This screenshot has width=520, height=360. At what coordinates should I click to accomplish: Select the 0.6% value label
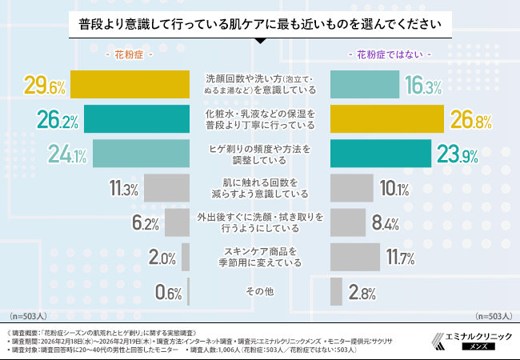tap(169, 293)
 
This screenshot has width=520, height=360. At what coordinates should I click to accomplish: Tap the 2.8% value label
tap(362, 293)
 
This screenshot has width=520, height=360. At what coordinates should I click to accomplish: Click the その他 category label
tap(260, 291)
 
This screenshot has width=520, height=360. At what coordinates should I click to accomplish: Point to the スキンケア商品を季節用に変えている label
tap(260, 256)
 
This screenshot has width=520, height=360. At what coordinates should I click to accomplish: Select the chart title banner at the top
tap(260, 25)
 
